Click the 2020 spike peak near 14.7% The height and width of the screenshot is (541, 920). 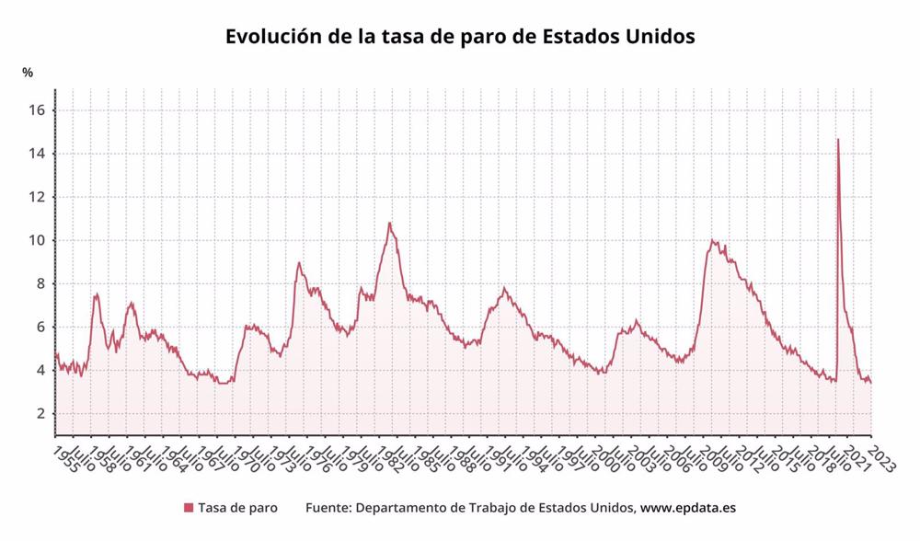click(x=837, y=140)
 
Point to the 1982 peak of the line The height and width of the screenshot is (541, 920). click(x=389, y=223)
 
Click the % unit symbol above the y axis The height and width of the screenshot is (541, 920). click(x=28, y=72)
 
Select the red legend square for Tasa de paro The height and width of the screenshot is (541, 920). click(x=189, y=508)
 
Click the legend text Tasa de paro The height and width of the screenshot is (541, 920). click(x=237, y=508)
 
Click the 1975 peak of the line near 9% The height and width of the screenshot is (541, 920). click(x=299, y=263)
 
